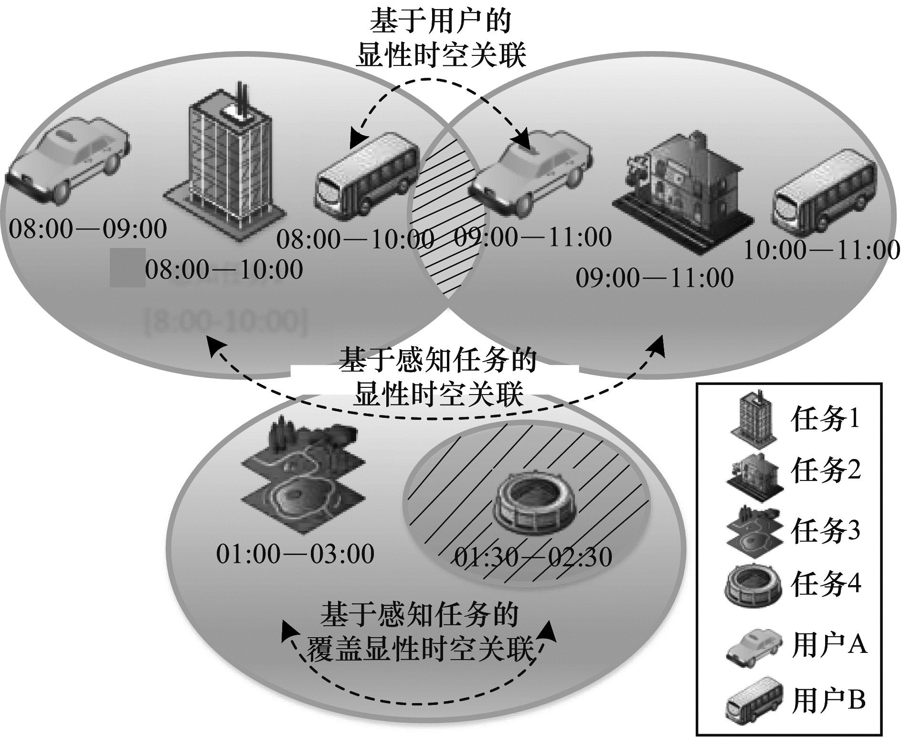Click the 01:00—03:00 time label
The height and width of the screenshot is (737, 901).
pos(295,555)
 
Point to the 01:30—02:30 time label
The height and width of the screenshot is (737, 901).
pos(533,557)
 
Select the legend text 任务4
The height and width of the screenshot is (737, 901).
pos(826,584)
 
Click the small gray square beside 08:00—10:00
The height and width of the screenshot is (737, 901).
pos(127,267)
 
